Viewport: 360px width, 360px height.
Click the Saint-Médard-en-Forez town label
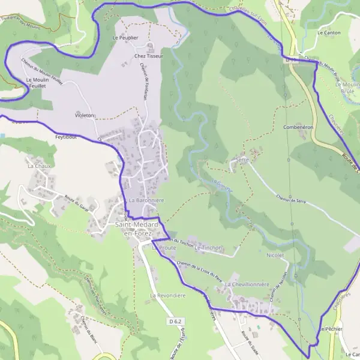click(137, 229)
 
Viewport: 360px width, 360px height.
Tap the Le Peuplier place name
click(125, 37)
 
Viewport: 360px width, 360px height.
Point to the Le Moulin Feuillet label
click(37, 83)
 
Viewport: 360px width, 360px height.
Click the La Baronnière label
click(146, 199)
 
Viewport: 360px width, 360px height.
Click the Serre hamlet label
click(242, 160)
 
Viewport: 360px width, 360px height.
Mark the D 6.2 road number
click(175, 322)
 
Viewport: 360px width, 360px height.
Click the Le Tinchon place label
click(208, 247)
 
